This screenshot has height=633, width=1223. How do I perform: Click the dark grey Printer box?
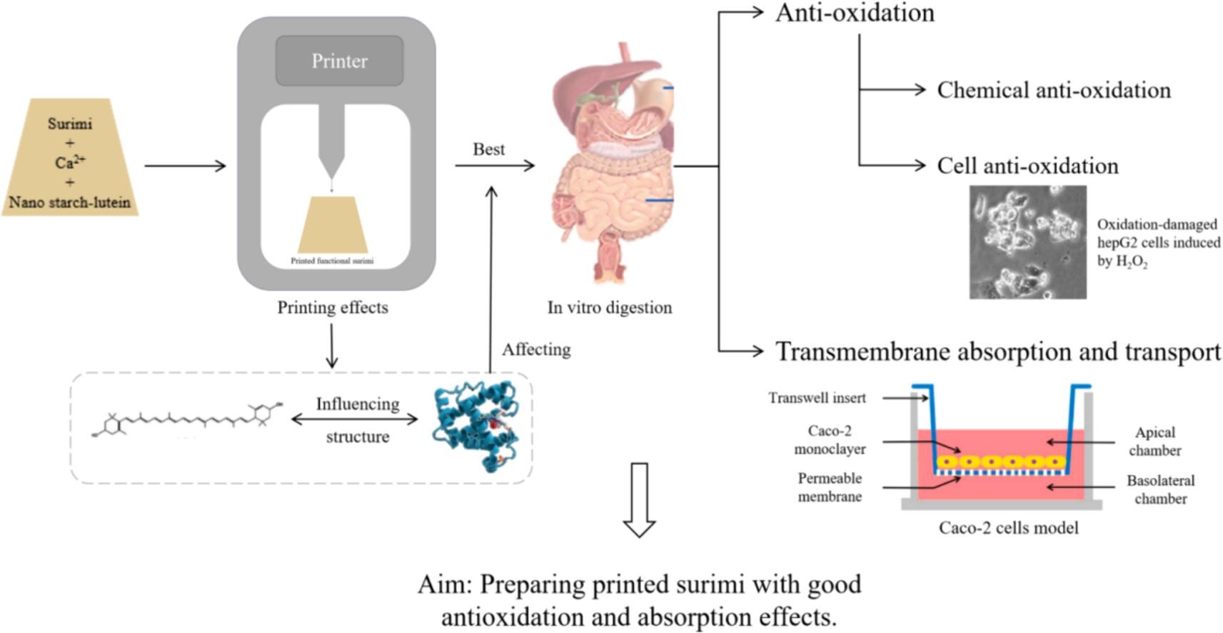tap(339, 61)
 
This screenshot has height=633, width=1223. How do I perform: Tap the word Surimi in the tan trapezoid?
tap(70, 124)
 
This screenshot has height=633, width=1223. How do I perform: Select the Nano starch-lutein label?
tap(70, 202)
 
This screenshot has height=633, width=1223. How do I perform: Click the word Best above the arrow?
tap(488, 149)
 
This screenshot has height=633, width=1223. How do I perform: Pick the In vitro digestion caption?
tap(609, 307)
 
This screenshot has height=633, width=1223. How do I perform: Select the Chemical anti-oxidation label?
tap(1054, 90)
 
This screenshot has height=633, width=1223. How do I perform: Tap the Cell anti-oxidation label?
tap(1027, 166)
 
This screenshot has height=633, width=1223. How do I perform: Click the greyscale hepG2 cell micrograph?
tap(1027, 241)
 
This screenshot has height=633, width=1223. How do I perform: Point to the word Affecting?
tap(535, 349)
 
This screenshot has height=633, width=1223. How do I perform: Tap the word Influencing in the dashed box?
tap(358, 404)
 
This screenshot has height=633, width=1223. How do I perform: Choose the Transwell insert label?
tap(817, 398)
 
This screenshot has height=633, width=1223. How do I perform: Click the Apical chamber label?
tap(1154, 442)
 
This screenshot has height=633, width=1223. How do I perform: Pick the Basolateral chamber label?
tap(1160, 489)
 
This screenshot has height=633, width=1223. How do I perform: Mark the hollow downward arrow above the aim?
tap(639, 499)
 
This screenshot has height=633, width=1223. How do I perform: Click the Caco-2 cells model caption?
tap(1008, 528)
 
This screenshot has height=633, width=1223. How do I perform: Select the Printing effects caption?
tap(333, 307)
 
